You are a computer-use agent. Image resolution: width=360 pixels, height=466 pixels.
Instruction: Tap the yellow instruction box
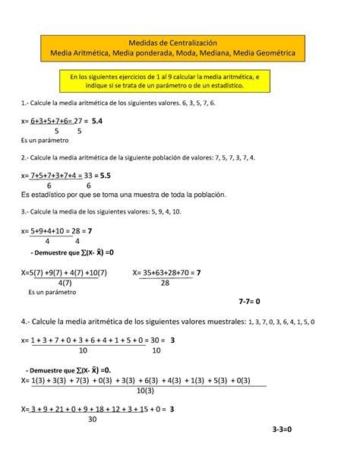click(x=178, y=81)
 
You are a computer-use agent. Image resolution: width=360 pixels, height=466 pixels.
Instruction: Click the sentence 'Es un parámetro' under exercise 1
click(x=45, y=141)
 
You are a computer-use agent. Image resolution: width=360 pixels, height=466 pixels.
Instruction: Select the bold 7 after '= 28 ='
click(x=90, y=230)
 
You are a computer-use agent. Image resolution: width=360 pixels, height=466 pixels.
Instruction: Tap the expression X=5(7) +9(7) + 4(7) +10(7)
click(x=65, y=271)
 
